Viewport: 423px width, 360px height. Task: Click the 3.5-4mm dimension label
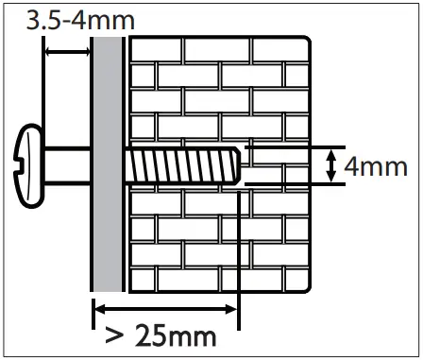[67, 20]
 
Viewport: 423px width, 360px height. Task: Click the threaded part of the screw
[179, 167]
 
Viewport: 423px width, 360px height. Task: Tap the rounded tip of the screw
[237, 167]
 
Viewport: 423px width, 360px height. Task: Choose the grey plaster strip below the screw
[109, 236]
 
